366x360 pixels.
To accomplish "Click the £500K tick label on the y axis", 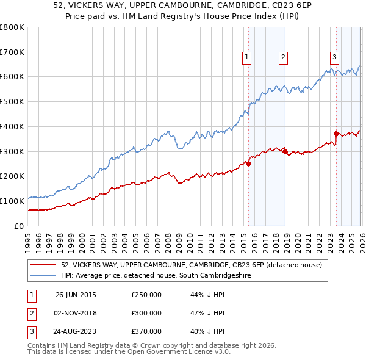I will tap(12, 102).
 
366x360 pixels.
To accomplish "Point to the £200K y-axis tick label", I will tap(12, 176).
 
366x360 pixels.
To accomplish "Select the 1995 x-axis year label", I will tap(28, 238).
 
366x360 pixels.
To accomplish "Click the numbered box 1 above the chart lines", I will tap(247, 58).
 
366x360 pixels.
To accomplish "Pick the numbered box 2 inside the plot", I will tap(284, 58).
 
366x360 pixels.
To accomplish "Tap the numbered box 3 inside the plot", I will tap(335, 58).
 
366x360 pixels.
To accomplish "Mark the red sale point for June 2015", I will tap(248, 164).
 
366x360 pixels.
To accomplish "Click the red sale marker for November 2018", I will tap(285, 151).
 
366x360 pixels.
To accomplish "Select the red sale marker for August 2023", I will tap(336, 134).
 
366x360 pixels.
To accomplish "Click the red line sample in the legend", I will tap(42, 265).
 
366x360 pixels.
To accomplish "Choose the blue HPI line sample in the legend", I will tap(42, 276).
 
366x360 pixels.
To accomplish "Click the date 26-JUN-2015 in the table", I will tap(76, 295).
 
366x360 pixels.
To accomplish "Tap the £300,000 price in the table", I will tap(146, 313).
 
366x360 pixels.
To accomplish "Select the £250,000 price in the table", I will tap(146, 295).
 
